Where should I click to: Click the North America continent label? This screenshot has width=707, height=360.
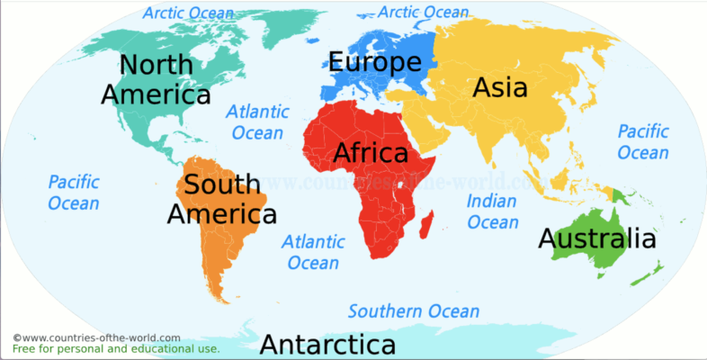pyautogui.click(x=156, y=79)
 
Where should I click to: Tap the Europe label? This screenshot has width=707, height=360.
pyautogui.click(x=374, y=62)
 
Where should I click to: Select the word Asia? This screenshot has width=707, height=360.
pyautogui.click(x=500, y=87)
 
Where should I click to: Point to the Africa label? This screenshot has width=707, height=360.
pyautogui.click(x=371, y=153)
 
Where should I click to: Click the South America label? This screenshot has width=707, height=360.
pyautogui.click(x=222, y=200)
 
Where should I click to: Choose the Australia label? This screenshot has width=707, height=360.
pyautogui.click(x=596, y=239)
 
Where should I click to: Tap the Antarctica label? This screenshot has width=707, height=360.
pyautogui.click(x=327, y=345)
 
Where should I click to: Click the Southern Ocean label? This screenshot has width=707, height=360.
pyautogui.click(x=414, y=311)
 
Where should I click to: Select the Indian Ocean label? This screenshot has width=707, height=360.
pyautogui.click(x=493, y=211)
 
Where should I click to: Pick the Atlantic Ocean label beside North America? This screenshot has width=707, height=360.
pyautogui.click(x=257, y=122)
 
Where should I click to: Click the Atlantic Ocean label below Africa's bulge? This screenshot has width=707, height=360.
pyautogui.click(x=312, y=252)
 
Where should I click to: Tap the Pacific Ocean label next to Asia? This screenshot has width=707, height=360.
pyautogui.click(x=643, y=141)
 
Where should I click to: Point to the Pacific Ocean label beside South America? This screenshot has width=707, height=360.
pyautogui.click(x=74, y=193)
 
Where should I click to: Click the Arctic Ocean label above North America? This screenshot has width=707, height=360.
pyautogui.click(x=188, y=13)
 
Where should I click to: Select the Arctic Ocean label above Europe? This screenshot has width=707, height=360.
pyautogui.click(x=423, y=12)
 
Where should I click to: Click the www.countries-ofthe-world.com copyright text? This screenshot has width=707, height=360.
pyautogui.click(x=96, y=337)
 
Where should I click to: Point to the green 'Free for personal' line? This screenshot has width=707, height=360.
pyautogui.click(x=115, y=348)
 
